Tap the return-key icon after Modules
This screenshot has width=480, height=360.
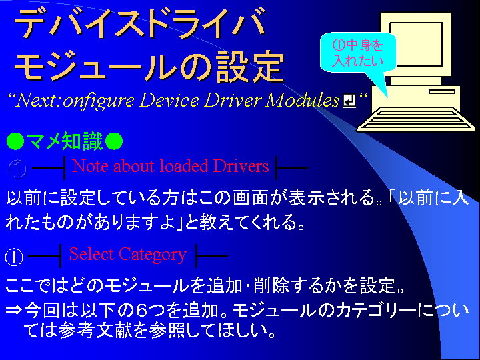click(x=349, y=101)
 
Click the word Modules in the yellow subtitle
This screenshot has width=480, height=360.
click(x=302, y=100)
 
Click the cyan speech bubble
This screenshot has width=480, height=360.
click(x=357, y=53)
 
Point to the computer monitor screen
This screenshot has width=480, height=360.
click(x=416, y=44)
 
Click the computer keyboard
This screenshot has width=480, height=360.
click(x=416, y=119)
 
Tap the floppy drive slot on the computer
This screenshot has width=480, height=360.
click(x=442, y=91)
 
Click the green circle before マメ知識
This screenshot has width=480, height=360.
click(x=15, y=141)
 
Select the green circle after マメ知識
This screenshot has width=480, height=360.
click(x=114, y=141)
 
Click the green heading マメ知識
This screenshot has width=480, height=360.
click(x=65, y=141)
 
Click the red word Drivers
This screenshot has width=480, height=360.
click(x=241, y=166)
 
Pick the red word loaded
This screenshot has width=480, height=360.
click(x=183, y=166)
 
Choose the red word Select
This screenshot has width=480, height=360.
click(x=91, y=254)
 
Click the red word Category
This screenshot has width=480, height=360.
click(x=153, y=255)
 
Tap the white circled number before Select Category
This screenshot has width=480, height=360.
click(x=14, y=257)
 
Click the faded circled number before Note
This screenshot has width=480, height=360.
click(x=18, y=169)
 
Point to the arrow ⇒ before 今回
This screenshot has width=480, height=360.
click(x=14, y=311)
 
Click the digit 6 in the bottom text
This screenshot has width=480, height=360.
click(x=142, y=311)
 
